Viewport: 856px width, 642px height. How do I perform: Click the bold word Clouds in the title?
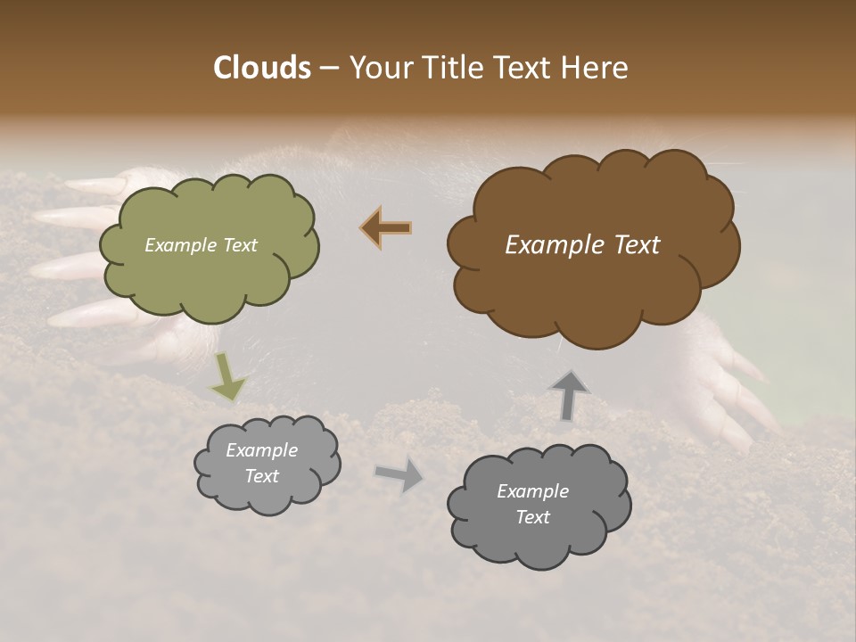click(261, 68)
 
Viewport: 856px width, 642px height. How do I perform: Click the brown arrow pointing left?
click(387, 228)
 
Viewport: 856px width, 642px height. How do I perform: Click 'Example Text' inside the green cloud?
click(201, 245)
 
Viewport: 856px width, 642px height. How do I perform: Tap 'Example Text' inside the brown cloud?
click(582, 245)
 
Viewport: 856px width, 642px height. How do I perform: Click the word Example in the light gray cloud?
click(261, 450)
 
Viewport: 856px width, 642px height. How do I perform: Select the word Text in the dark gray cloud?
click(532, 517)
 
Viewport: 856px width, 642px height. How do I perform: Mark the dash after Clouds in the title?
click(328, 68)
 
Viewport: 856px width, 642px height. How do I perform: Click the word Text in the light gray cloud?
click(261, 476)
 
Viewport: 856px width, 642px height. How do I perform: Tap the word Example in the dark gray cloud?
click(532, 491)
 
